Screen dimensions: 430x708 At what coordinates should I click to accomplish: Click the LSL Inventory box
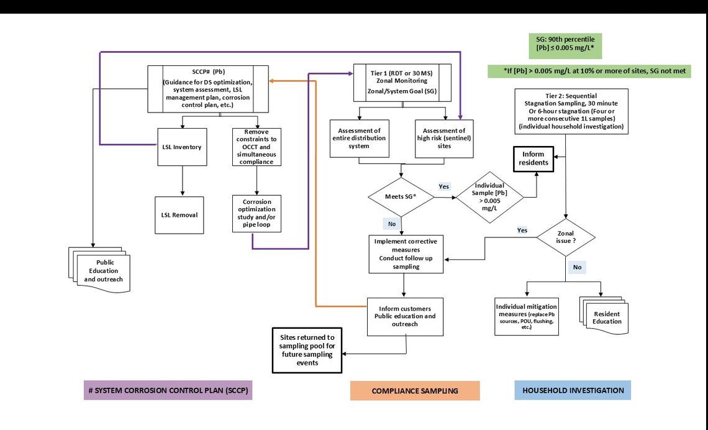(x=182, y=147)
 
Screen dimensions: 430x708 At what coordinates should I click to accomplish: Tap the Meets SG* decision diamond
(x=401, y=197)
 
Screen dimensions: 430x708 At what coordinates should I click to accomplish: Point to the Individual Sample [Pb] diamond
(x=489, y=197)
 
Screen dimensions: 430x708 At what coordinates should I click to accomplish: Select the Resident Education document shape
(x=606, y=318)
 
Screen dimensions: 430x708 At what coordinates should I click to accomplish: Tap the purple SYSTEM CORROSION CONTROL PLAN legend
(x=168, y=390)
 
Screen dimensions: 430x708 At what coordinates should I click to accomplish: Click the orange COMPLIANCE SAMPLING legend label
(x=415, y=391)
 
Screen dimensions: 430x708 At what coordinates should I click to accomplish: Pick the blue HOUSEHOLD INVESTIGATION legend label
(x=573, y=390)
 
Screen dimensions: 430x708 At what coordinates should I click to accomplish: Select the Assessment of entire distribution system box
(x=360, y=139)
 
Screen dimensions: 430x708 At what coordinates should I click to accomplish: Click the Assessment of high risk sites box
(x=443, y=139)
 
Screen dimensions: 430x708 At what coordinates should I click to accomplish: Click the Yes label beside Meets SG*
(x=444, y=186)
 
